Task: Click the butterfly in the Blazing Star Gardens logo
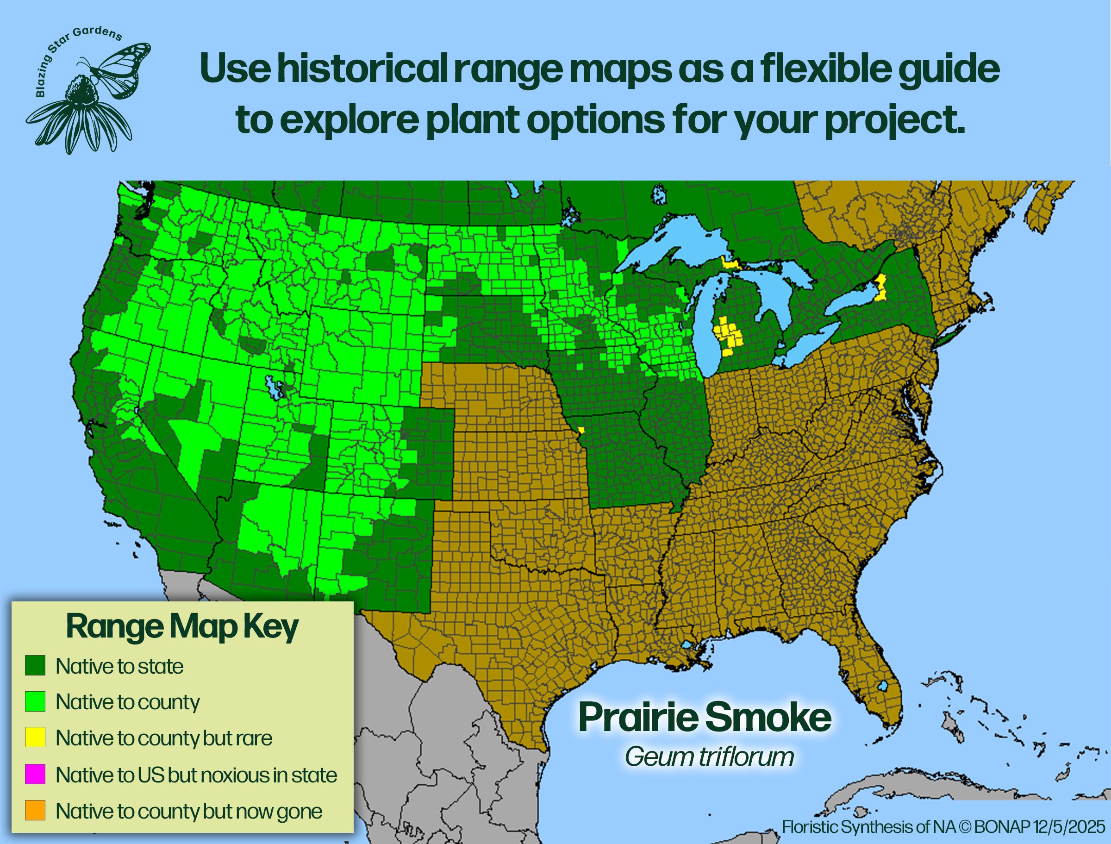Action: (120, 68)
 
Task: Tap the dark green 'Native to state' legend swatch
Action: (35, 665)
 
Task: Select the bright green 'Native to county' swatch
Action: (35, 701)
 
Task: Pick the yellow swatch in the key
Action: (35, 738)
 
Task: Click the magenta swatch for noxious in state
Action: (35, 774)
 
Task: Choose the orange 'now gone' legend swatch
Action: (35, 810)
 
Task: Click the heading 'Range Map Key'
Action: (182, 627)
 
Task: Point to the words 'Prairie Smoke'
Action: (705, 718)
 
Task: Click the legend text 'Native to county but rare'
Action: (164, 738)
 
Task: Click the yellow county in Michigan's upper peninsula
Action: (728, 262)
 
